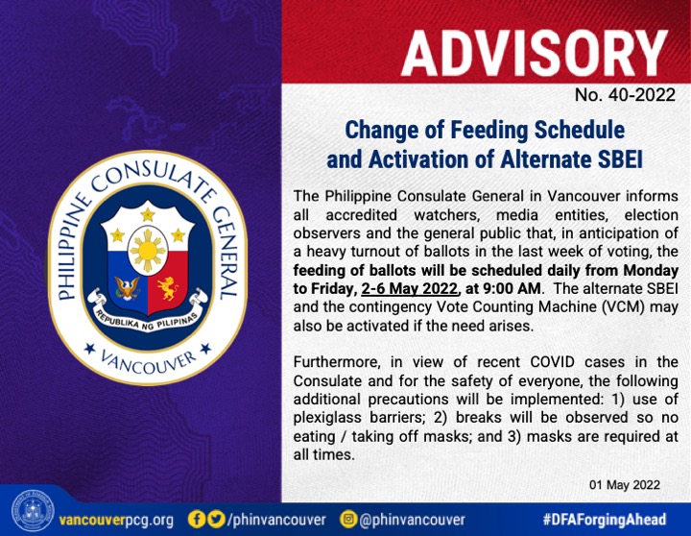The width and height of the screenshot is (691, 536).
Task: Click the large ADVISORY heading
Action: pyautogui.click(x=534, y=54)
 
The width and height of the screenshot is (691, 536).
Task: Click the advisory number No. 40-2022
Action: pyautogui.click(x=625, y=95)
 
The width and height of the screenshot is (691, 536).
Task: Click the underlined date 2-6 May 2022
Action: pyautogui.click(x=409, y=288)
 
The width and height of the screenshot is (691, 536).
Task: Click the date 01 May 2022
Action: pyautogui.click(x=625, y=485)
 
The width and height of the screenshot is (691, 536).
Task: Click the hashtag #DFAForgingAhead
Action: pyautogui.click(x=605, y=520)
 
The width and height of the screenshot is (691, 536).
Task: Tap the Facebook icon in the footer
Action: pyautogui.click(x=197, y=519)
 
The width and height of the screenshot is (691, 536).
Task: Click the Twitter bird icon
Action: pyautogui.click(x=216, y=519)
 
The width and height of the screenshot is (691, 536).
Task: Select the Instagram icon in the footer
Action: pyautogui.click(x=348, y=519)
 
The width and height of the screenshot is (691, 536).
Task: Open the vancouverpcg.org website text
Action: pyautogui.click(x=116, y=520)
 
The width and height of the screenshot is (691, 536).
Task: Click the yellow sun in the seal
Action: pyautogui.click(x=148, y=251)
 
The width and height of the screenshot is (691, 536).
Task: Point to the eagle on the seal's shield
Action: pyautogui.click(x=128, y=288)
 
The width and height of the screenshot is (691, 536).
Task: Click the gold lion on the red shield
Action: pyautogui.click(x=168, y=288)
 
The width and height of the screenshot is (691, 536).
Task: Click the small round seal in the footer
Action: pyautogui.click(x=33, y=511)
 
